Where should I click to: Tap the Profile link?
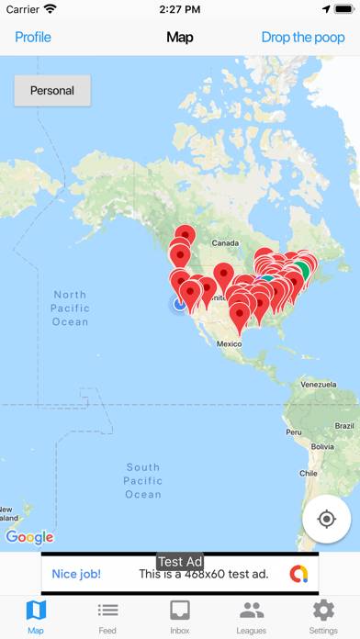tap(33, 38)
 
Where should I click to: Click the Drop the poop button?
tap(302, 38)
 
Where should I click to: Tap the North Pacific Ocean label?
tap(70, 308)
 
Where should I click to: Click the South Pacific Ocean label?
tap(142, 480)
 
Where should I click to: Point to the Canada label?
tap(225, 243)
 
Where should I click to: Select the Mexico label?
tap(229, 343)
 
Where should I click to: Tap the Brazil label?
tap(344, 427)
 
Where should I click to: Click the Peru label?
tap(293, 432)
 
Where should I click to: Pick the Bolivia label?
tap(322, 447)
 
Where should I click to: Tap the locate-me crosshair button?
tap(326, 519)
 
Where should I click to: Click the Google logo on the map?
tap(29, 537)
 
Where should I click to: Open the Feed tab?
tap(107, 616)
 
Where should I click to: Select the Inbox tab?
tap(180, 616)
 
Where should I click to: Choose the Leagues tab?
tap(252, 616)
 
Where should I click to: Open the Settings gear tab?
tap(323, 616)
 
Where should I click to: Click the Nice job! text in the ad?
tap(76, 575)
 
